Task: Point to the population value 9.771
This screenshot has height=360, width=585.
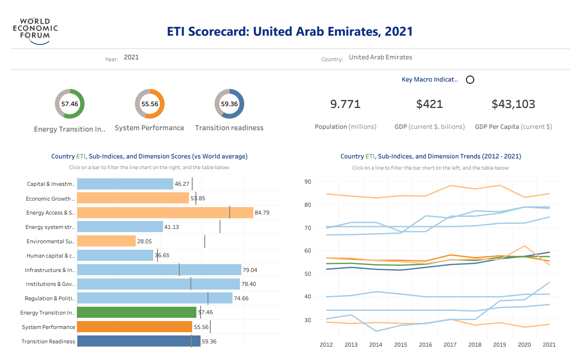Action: click(345, 104)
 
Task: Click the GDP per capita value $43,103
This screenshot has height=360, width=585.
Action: click(513, 104)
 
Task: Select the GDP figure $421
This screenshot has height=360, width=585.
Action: click(429, 104)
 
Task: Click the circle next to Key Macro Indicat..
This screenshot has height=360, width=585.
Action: click(470, 80)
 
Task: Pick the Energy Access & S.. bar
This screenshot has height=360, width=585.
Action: click(165, 213)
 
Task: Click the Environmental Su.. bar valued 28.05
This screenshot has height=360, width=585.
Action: click(106, 241)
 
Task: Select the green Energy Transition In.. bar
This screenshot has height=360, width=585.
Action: click(137, 312)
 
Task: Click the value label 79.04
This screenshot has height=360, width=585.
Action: click(250, 270)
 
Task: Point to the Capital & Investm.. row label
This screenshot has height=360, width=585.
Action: click(50, 184)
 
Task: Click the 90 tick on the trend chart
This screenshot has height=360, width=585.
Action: click(307, 181)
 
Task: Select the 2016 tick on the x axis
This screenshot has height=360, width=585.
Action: click(425, 344)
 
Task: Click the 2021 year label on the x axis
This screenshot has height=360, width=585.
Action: click(549, 344)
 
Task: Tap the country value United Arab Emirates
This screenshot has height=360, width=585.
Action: click(380, 57)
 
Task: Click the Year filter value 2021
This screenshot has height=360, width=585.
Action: click(131, 57)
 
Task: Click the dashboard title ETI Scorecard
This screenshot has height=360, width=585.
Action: click(289, 32)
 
